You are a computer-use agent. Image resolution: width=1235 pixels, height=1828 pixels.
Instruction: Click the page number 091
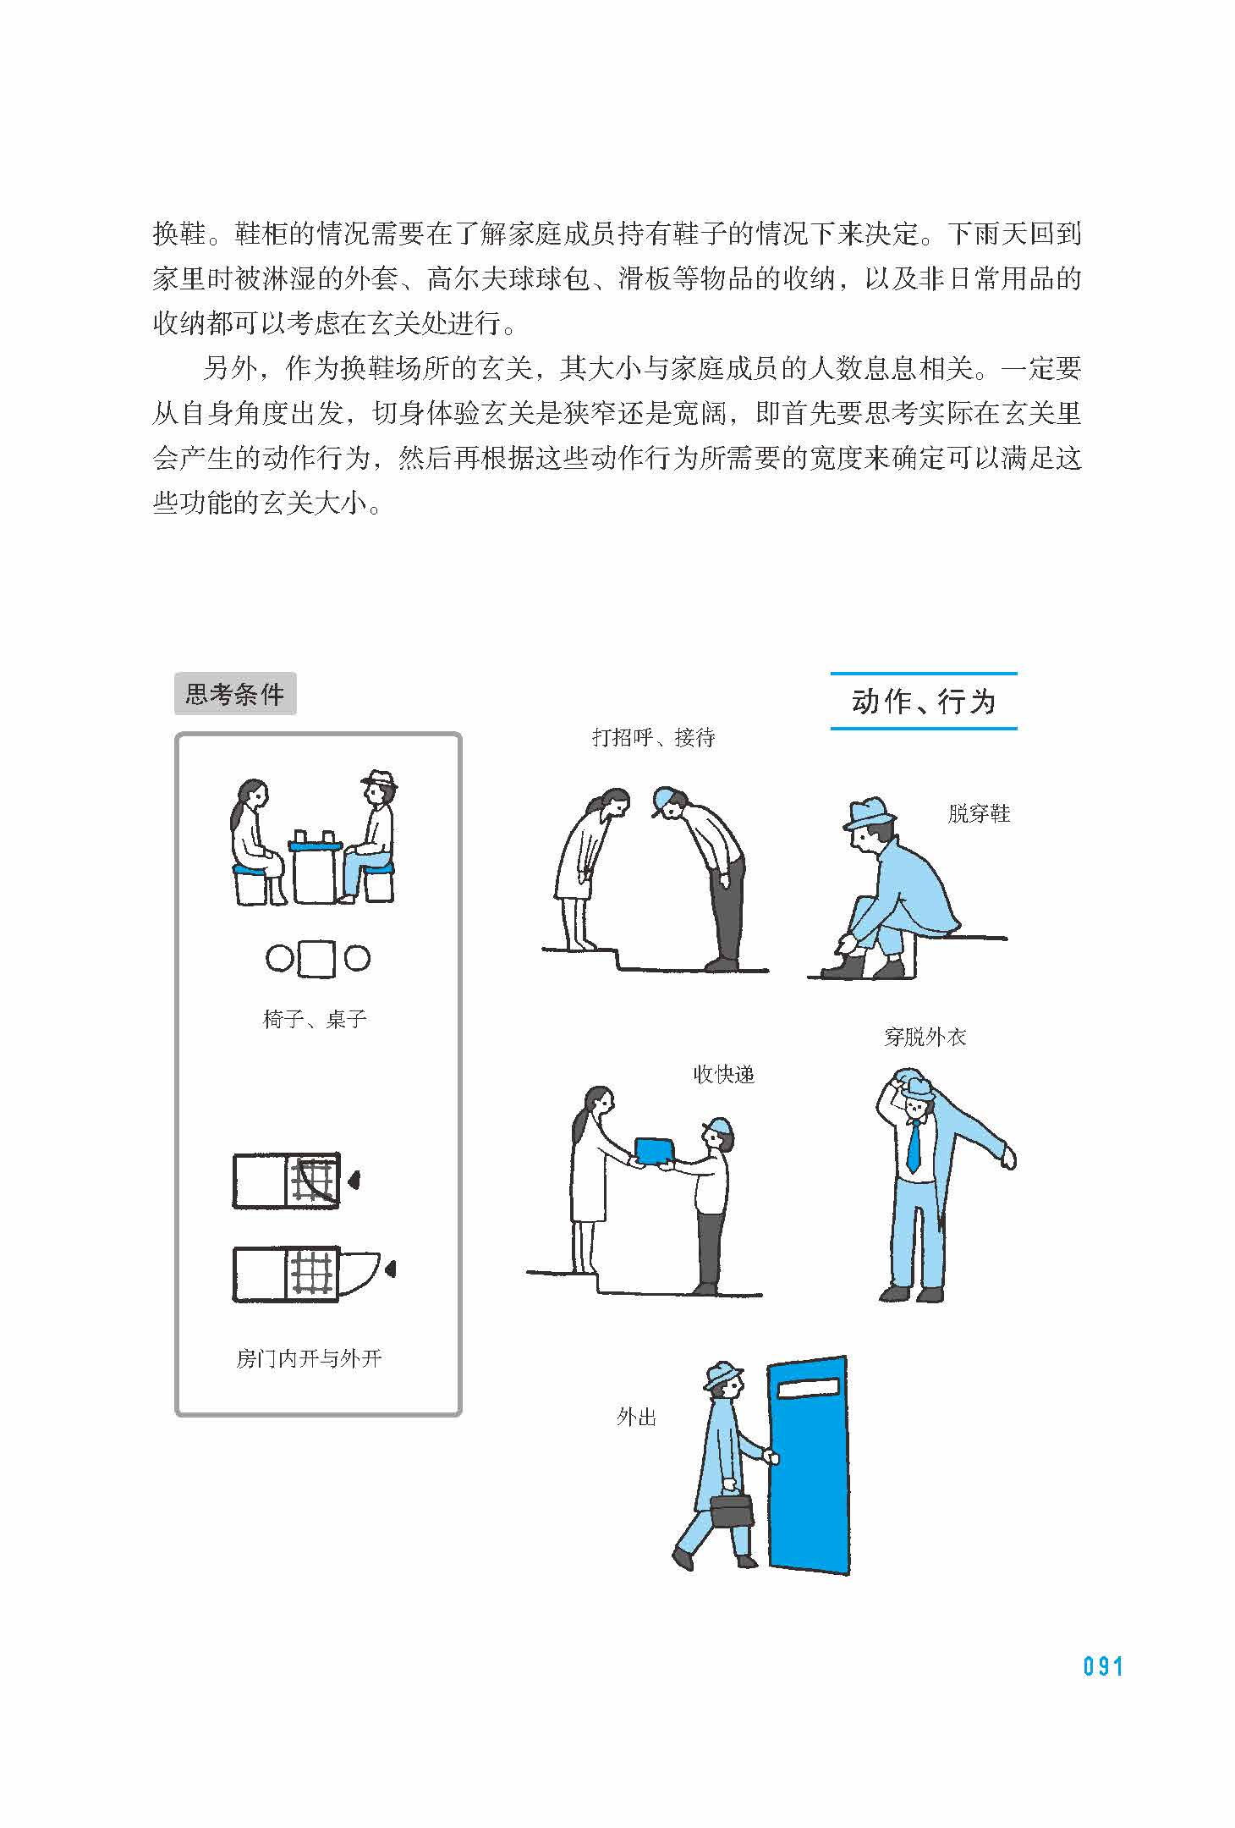(x=1103, y=1666)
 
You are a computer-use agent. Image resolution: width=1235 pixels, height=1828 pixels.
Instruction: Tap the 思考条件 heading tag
(x=235, y=694)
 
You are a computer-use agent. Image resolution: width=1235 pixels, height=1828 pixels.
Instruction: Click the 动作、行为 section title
(x=924, y=702)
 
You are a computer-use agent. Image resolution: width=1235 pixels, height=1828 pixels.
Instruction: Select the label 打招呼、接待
(x=654, y=738)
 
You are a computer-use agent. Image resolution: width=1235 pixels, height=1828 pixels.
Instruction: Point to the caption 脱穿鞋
(x=979, y=814)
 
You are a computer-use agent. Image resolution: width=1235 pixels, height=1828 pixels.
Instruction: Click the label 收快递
(x=723, y=1075)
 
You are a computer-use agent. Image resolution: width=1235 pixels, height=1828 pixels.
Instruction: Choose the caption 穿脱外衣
(x=925, y=1037)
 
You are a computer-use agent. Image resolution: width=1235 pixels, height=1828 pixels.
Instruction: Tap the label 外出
(x=636, y=1418)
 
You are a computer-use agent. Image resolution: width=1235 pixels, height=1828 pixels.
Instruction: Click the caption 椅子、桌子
(x=315, y=1019)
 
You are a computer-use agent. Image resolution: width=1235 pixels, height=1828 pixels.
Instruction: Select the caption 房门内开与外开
(x=309, y=1359)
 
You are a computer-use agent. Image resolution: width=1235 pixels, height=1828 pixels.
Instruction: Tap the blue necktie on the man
(x=914, y=1145)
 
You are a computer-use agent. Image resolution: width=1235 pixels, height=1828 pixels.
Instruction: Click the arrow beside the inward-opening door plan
(x=354, y=1179)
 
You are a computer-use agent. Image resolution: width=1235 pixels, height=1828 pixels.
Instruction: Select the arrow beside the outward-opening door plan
(x=389, y=1269)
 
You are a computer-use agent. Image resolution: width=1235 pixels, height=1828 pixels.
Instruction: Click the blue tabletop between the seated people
(x=315, y=844)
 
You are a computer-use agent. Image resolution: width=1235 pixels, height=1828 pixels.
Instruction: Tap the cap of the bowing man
(x=664, y=800)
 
